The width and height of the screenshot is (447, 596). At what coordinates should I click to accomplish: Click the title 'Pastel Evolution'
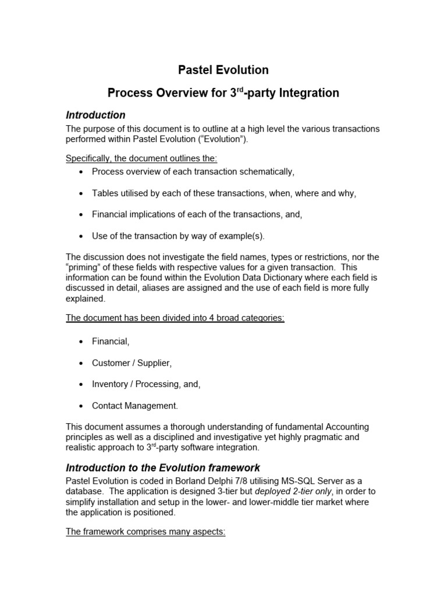coord(223,70)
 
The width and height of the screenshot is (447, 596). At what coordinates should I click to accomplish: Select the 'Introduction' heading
coord(95,115)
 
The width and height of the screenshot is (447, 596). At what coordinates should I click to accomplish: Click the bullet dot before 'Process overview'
coord(80,172)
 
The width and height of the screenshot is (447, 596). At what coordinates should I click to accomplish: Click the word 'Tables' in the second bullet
coord(105,193)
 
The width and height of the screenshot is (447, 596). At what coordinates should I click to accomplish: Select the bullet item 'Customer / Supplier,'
coord(132,363)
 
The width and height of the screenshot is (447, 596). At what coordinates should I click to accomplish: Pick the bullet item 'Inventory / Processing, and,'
coord(146,384)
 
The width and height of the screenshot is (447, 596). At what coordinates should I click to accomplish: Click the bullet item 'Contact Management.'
coord(135,405)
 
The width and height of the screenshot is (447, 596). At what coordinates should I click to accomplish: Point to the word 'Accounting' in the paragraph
coord(346,427)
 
